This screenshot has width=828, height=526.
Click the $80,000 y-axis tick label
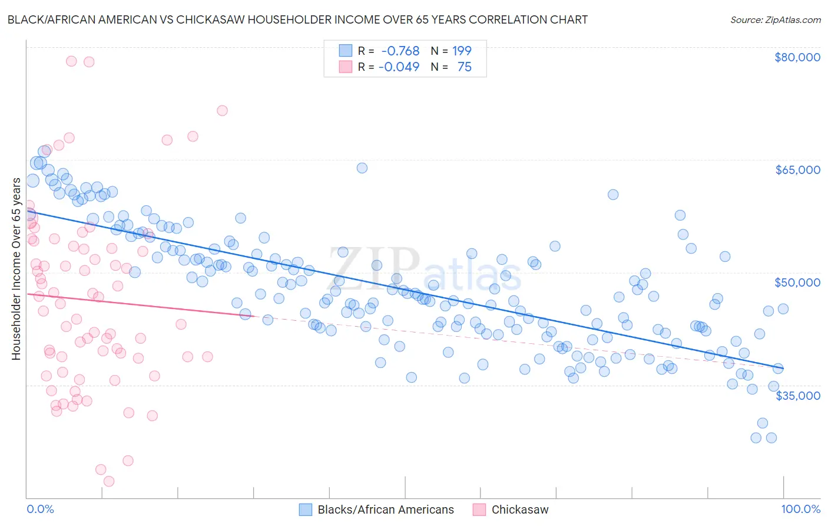797,57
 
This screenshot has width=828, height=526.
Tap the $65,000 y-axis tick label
797,170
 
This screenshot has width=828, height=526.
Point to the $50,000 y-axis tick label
797,282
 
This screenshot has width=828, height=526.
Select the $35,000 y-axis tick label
797,395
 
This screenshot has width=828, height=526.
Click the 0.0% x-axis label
40,509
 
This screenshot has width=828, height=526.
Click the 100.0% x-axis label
800,509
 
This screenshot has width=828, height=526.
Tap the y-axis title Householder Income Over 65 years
16,268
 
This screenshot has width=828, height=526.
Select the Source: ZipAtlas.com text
775,19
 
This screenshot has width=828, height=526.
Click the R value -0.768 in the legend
400,51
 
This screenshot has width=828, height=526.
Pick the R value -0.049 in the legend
399,67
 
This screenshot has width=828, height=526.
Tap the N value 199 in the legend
462,51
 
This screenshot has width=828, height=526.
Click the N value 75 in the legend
464,67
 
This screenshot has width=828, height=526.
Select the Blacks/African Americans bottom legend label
386,509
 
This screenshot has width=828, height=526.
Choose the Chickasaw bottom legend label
519,509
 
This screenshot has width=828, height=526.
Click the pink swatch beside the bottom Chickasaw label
479,509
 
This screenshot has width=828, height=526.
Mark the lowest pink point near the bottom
109,481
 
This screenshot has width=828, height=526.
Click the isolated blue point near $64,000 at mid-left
362,168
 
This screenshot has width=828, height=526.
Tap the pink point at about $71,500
222,110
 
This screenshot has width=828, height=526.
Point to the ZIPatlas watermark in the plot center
424,270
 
